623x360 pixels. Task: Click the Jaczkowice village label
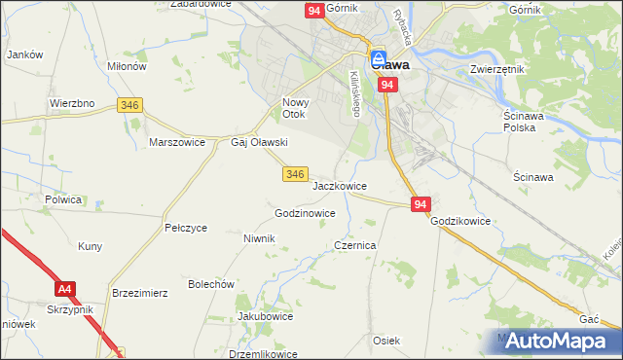pyautogui.click(x=340, y=185)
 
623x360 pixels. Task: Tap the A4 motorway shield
pyautogui.click(x=65, y=289)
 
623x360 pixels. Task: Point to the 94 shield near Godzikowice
pyautogui.click(x=420, y=204)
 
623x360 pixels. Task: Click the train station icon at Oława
pyautogui.click(x=378, y=57)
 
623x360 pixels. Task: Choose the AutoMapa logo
pyautogui.click(x=555, y=341)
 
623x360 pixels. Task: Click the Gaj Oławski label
pyautogui.click(x=259, y=142)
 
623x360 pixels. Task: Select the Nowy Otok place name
pyautogui.click(x=295, y=108)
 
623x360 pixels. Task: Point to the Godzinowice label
pyautogui.click(x=306, y=213)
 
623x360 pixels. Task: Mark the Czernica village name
pyautogui.click(x=355, y=246)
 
